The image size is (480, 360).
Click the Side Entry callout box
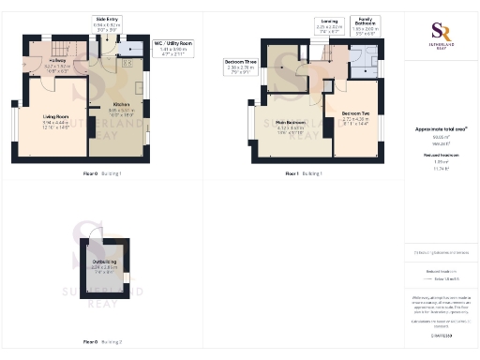pyautogui.click(x=108, y=22)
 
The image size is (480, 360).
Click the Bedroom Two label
pyautogui.click(x=354, y=118)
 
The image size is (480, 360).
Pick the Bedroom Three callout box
pyautogui.click(x=239, y=66)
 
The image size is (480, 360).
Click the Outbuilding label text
pyautogui.click(x=104, y=263)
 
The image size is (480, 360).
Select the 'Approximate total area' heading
pyautogui.click(x=441, y=128)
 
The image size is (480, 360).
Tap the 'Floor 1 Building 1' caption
pyautogui.click(x=305, y=173)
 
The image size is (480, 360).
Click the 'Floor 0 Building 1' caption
pyautogui.click(x=103, y=173)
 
